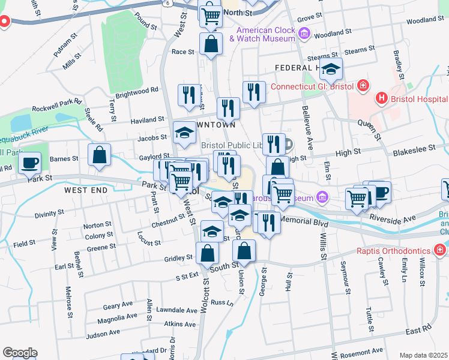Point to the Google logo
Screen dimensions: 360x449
click(x=19, y=352)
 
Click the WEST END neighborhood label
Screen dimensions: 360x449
click(x=85, y=190)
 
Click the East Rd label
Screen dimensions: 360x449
click(x=418, y=330)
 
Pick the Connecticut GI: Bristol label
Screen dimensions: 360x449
click(x=311, y=86)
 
